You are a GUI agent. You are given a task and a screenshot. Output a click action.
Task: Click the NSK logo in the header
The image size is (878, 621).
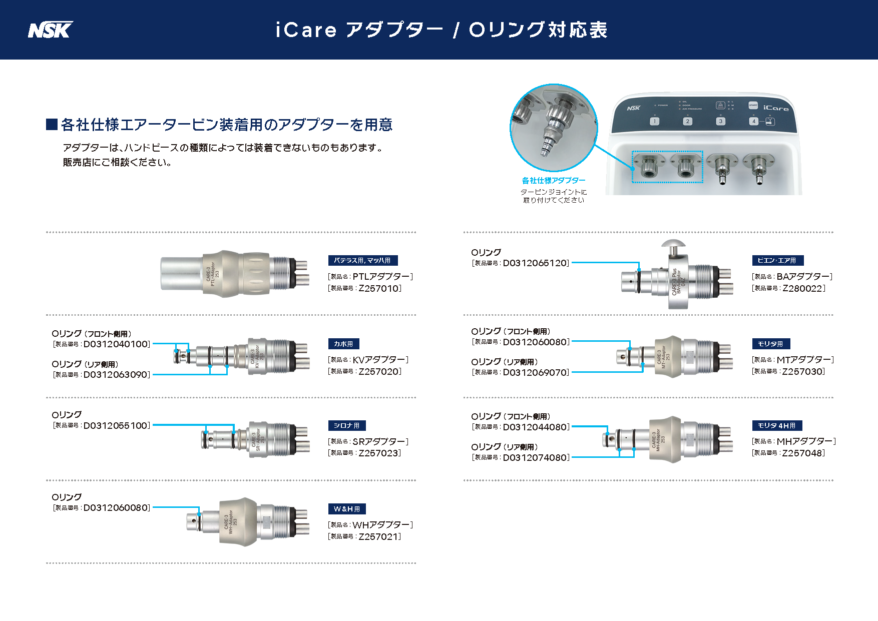coord(50,30)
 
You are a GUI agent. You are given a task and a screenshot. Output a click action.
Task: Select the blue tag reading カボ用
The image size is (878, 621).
coord(343,344)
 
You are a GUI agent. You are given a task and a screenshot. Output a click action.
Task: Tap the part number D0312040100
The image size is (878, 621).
coord(116,344)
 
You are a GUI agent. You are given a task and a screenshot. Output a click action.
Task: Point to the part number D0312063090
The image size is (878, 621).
coord(116,375)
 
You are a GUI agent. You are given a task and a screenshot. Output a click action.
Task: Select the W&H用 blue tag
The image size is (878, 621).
coord(346,509)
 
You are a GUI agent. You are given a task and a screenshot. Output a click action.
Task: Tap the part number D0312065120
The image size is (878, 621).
coord(536,263)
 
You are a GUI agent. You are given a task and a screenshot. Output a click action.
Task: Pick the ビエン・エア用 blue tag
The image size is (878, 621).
coord(777,260)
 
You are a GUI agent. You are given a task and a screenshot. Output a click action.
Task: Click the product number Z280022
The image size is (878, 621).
coord(803,288)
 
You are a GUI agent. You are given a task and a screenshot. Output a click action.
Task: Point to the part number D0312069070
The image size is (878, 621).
coord(536,373)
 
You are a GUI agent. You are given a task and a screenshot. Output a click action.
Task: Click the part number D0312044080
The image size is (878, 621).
coord(536,427)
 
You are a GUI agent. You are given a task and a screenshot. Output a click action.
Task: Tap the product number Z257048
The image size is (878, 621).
coord(803,453)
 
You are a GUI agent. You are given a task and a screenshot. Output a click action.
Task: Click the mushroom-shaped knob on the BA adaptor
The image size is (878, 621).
coord(673,245)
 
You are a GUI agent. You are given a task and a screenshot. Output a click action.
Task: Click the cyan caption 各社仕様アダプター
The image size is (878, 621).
coord(554,181)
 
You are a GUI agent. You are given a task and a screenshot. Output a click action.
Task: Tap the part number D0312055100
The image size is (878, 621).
coord(116,426)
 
